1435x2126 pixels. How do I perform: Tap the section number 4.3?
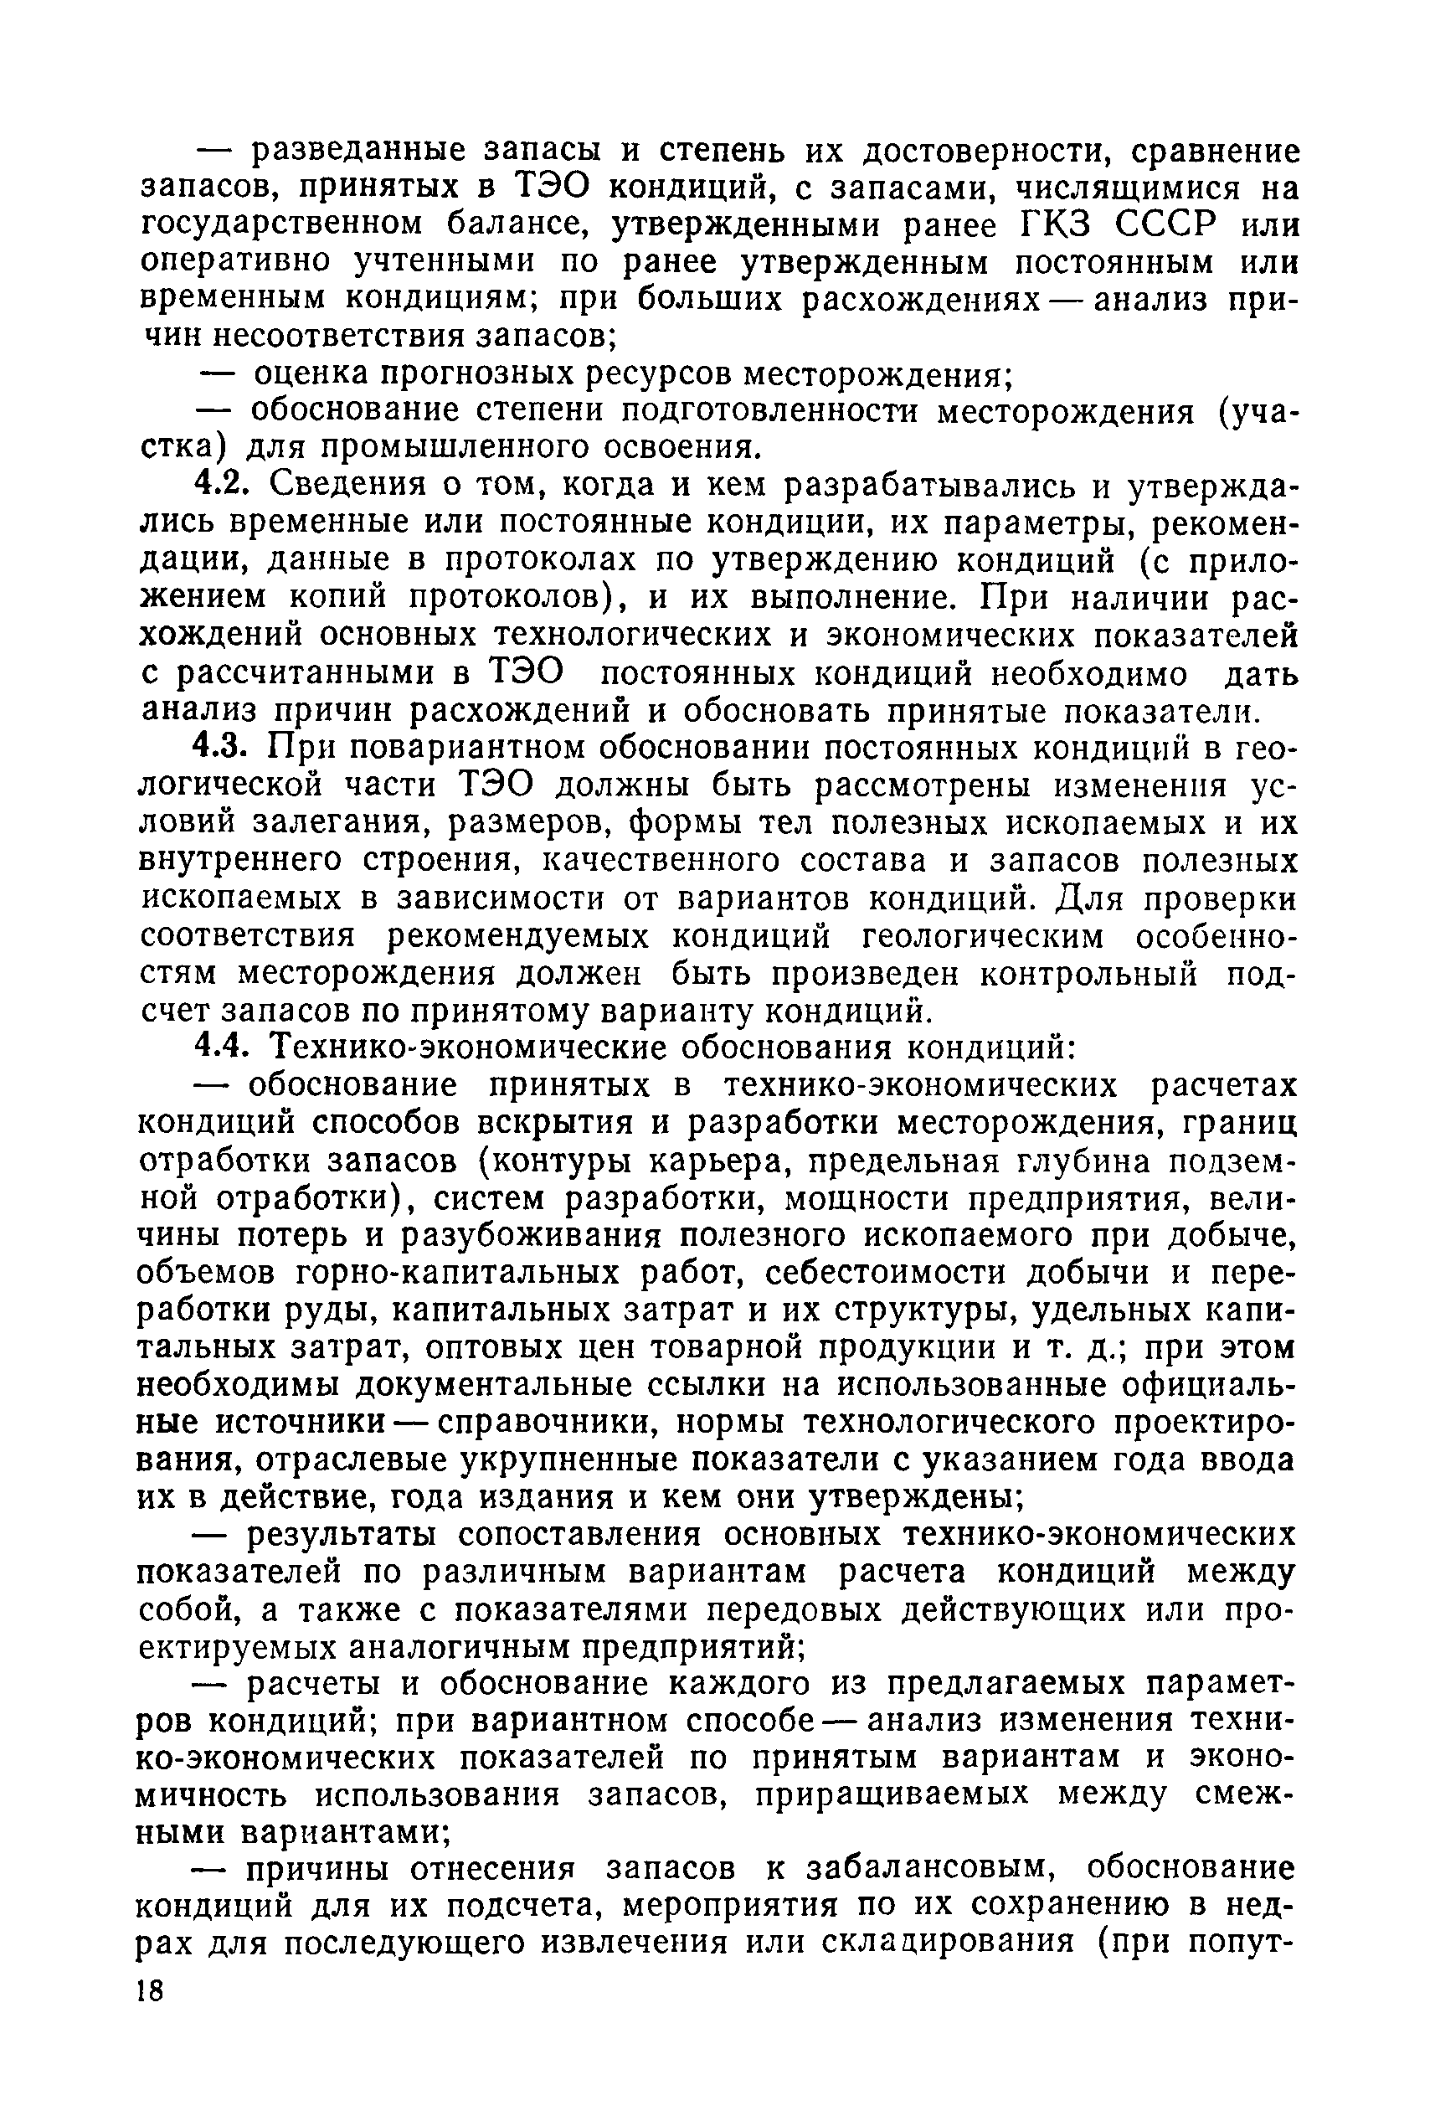pyautogui.click(x=220, y=748)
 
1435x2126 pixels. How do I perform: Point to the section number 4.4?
pyautogui.click(x=220, y=1048)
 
